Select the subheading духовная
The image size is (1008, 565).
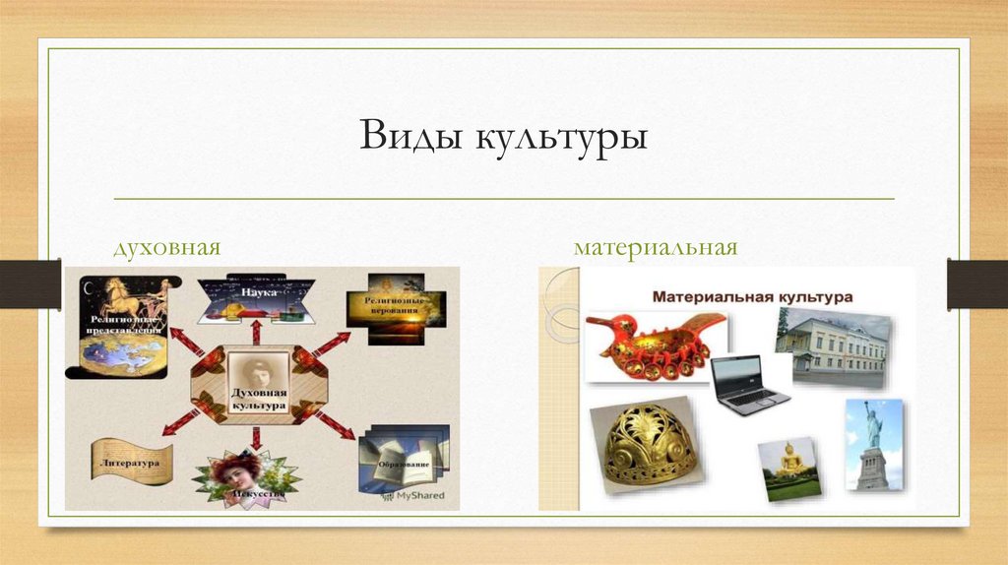click(x=164, y=245)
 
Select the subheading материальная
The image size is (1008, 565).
click(x=656, y=245)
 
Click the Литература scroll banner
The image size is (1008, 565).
click(x=131, y=461)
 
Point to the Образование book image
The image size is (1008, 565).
click(x=403, y=456)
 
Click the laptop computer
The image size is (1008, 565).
click(x=748, y=384)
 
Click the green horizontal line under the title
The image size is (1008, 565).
click(x=504, y=199)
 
